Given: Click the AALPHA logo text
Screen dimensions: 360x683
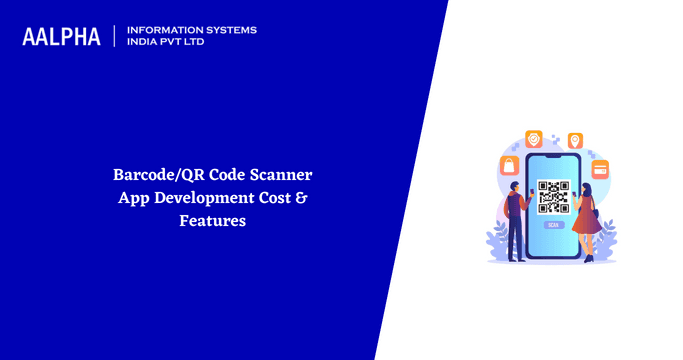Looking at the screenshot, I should point(62,37).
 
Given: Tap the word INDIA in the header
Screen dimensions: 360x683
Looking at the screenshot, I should point(144,43).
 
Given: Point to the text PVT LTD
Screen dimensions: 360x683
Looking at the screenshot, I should point(191,43).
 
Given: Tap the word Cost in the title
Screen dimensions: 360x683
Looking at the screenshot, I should point(274,197).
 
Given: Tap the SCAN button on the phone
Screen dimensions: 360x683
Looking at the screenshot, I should point(552,226).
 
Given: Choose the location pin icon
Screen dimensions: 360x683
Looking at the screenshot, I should point(575,140).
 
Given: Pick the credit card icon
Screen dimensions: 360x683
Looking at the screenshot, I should point(601,167).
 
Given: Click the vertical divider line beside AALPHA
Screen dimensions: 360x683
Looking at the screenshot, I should point(116,36).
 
